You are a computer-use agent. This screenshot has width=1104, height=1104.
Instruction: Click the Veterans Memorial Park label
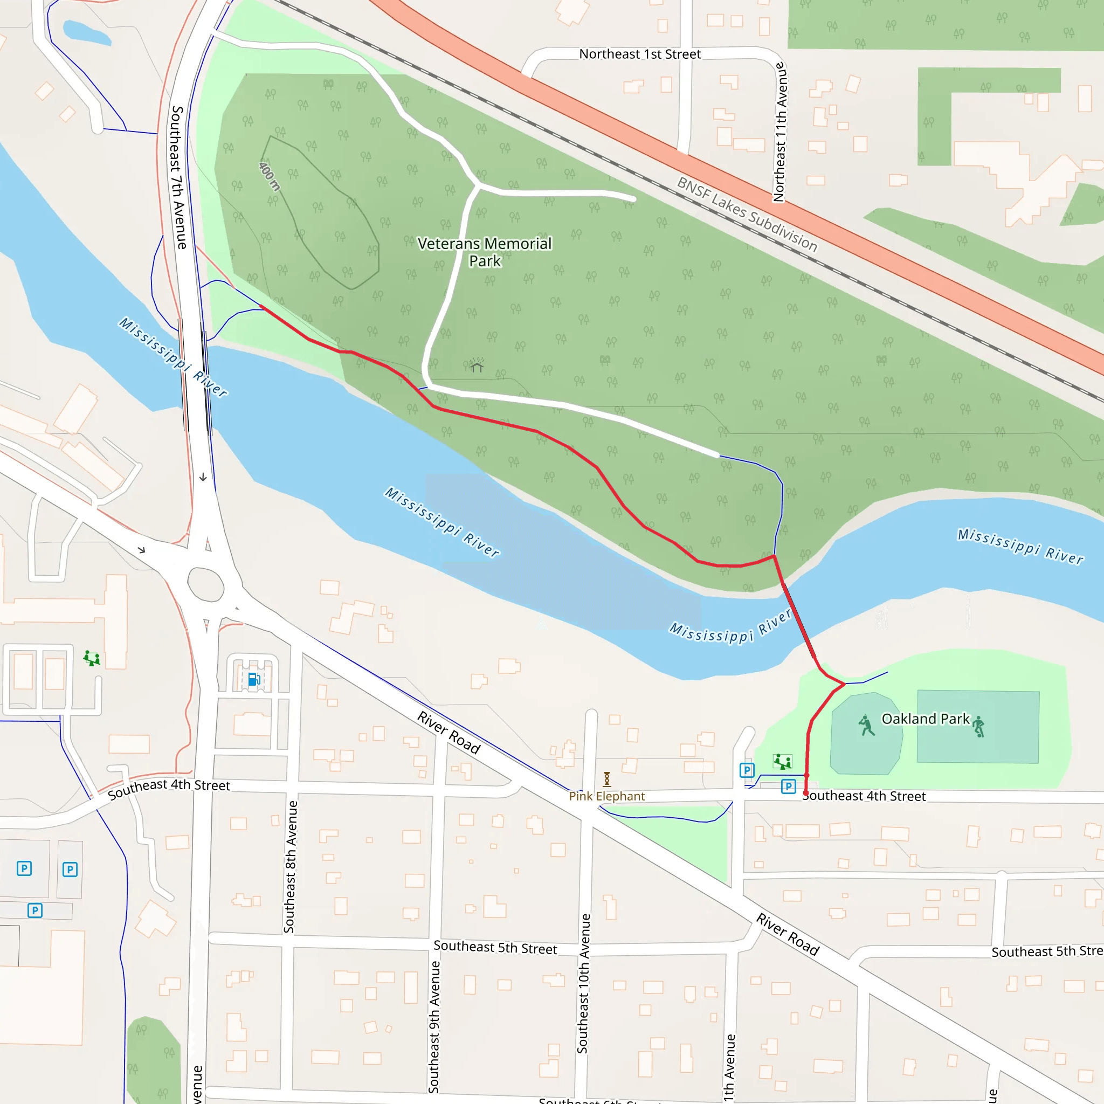point(485,252)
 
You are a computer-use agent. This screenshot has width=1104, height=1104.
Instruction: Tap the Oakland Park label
point(925,719)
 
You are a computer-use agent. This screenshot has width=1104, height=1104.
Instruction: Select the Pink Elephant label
point(606,796)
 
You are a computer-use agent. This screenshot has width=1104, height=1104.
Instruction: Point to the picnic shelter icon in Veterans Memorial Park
point(477,365)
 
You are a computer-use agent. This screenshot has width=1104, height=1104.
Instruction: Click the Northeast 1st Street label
point(639,54)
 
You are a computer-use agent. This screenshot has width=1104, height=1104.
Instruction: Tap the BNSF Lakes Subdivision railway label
point(747,215)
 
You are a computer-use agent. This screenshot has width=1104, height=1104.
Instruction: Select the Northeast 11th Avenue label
point(780,132)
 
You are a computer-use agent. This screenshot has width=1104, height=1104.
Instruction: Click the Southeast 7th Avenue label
point(179,177)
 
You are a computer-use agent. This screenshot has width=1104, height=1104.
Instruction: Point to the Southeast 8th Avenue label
point(291,867)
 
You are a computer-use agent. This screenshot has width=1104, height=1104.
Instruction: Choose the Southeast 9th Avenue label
point(435,1027)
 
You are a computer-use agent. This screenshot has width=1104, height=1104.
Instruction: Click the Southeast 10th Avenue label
point(583,983)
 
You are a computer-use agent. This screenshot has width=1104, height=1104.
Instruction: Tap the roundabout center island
point(205,584)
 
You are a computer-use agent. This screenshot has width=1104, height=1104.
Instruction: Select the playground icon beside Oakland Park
point(782,761)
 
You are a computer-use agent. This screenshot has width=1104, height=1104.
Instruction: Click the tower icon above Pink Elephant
point(607,779)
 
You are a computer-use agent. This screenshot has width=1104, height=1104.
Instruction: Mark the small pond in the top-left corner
point(86,33)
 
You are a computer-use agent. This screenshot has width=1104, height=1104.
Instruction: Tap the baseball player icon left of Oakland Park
point(867,726)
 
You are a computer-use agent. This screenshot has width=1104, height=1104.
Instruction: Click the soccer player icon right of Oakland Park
point(979,726)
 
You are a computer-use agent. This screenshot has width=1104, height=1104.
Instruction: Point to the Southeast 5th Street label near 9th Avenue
point(495,948)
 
